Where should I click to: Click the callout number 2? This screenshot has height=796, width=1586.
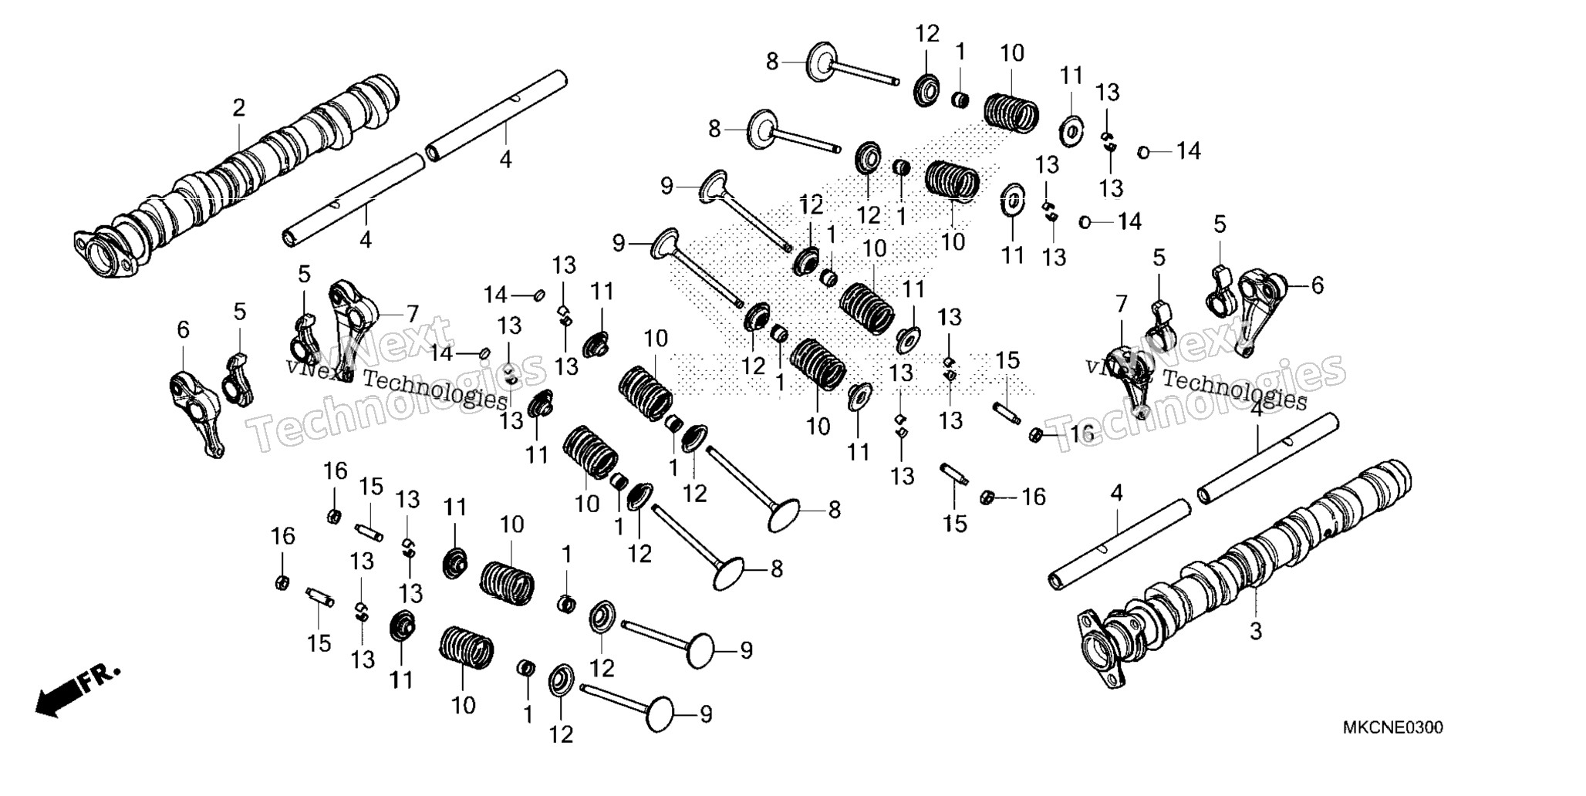coord(239,108)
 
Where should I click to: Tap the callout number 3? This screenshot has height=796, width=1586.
coord(1256,631)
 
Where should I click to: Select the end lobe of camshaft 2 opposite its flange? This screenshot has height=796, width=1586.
coord(382,96)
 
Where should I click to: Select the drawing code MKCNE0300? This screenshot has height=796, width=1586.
coord(1393,728)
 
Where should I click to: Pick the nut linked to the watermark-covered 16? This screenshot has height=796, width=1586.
coord(1037,436)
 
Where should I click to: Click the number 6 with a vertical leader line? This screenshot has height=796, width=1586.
coord(183,330)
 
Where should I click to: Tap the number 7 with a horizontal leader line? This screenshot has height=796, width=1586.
coord(413,314)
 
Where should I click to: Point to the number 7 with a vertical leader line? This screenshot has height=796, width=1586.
coord(1121,304)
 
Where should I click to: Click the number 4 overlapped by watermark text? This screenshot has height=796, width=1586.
coord(1257,410)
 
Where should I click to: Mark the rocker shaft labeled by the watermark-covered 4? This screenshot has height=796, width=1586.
coord(1268,455)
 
